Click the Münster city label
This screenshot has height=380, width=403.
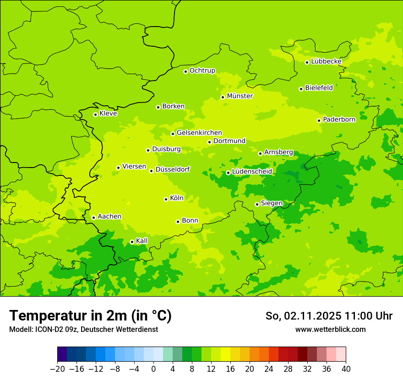[x=240, y=96]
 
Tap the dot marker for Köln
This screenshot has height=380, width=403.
[x=166, y=199]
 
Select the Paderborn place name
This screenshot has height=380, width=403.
[x=339, y=119]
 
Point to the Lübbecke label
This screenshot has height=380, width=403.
[x=326, y=61]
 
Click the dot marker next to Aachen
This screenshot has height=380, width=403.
[x=93, y=217]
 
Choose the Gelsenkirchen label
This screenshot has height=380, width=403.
[x=199, y=133]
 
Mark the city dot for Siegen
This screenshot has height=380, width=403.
[x=257, y=204]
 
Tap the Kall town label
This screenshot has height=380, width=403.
[x=142, y=241]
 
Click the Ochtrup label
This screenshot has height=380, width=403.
[x=202, y=71]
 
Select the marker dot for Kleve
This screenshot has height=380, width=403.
[x=95, y=114]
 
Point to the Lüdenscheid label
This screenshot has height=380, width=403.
[x=252, y=172]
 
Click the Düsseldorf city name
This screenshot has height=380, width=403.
[x=172, y=169]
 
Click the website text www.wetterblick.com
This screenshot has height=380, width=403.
[x=330, y=329]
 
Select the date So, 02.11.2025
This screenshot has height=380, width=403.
[x=302, y=316]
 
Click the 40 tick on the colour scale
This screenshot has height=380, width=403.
[x=346, y=369]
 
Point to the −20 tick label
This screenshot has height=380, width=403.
[x=57, y=369]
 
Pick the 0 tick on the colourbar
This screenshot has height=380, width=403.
[x=153, y=369]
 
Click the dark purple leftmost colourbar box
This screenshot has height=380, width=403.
[x=62, y=354]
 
